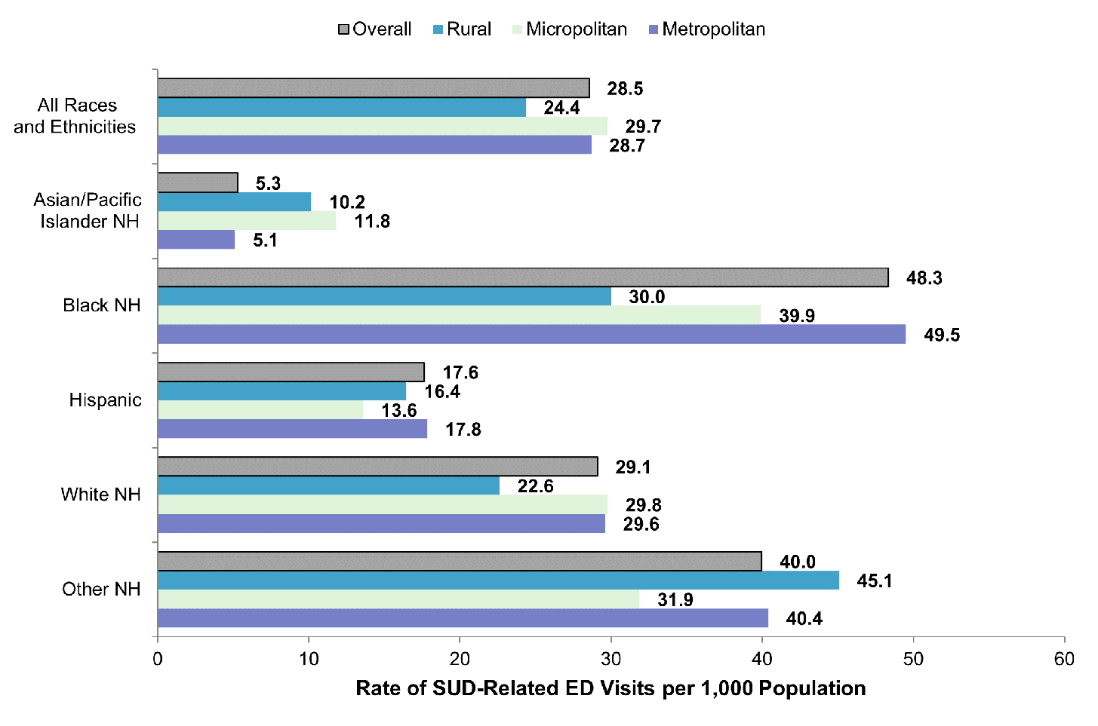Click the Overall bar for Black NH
pyautogui.click(x=522, y=277)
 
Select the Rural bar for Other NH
pyautogui.click(x=498, y=580)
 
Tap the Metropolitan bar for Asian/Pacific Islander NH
pyautogui.click(x=196, y=240)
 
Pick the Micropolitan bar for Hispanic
pyautogui.click(x=260, y=410)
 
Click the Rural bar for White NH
pyautogui.click(x=328, y=486)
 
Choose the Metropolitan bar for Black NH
pyautogui.click(x=531, y=334)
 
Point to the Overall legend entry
pyautogui.click(x=375, y=29)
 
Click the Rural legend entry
pyautogui.click(x=462, y=29)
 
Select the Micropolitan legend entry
pyautogui.click(x=570, y=29)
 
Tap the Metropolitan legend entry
pyautogui.click(x=707, y=29)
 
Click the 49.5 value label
pyautogui.click(x=942, y=335)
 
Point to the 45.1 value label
pyautogui.click(x=875, y=580)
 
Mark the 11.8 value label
pyautogui.click(x=372, y=221)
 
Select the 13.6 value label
pyautogui.click(x=399, y=410)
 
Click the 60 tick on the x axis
pyautogui.click(x=1064, y=659)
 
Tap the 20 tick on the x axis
pyautogui.click(x=460, y=659)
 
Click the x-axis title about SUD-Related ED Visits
pyautogui.click(x=611, y=688)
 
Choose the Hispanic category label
pyautogui.click(x=105, y=400)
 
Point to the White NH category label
pyautogui.click(x=100, y=495)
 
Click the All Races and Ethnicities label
pyautogui.click(x=75, y=116)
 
